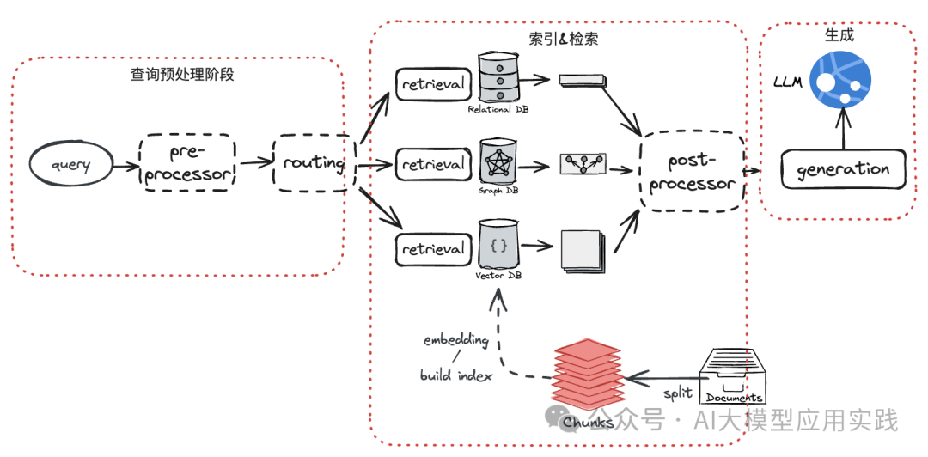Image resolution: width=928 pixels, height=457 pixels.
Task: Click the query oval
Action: pyautogui.click(x=71, y=163)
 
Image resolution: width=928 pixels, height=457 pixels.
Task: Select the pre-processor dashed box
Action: pyautogui.click(x=186, y=162)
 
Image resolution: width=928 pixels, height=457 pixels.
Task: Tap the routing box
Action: pyautogui.click(x=314, y=162)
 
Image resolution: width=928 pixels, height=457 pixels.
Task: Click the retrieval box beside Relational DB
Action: pyautogui.click(x=433, y=83)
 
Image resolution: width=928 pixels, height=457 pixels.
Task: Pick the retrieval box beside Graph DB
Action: pyautogui.click(x=433, y=163)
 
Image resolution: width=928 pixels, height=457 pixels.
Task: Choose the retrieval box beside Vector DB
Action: pyautogui.click(x=433, y=249)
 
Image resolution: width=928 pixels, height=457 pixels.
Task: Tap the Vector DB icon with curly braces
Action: pyautogui.click(x=498, y=246)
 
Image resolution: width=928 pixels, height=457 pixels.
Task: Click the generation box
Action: pyautogui.click(x=843, y=169)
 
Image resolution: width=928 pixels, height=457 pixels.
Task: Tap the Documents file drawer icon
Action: pyautogui.click(x=733, y=375)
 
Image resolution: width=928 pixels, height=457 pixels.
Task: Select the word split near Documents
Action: pyautogui.click(x=677, y=393)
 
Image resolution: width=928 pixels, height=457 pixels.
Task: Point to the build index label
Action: pyautogui.click(x=456, y=375)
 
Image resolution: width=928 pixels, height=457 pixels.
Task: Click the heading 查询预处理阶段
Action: pyautogui.click(x=182, y=75)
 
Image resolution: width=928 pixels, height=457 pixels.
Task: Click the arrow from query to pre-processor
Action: pyautogui.click(x=125, y=164)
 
